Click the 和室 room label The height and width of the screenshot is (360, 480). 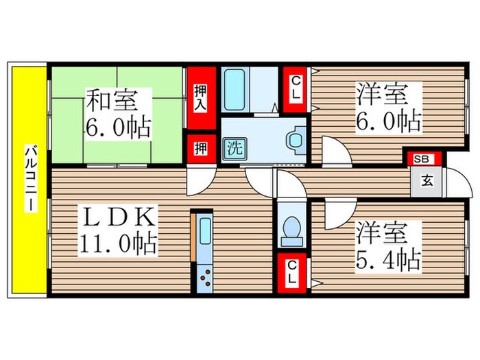(x=111, y=101)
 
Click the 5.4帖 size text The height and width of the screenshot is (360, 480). (x=388, y=259)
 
